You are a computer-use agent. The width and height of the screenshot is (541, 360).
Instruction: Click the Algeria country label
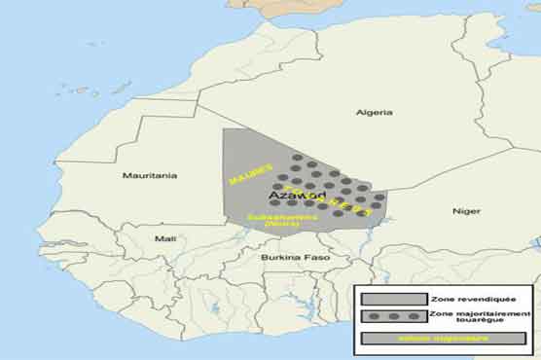[x=374, y=113]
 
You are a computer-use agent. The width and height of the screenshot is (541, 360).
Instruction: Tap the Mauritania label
[x=149, y=175]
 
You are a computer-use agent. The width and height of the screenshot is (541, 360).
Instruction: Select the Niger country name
[x=466, y=211]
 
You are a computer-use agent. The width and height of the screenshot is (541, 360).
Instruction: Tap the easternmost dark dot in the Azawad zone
[x=379, y=197]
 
